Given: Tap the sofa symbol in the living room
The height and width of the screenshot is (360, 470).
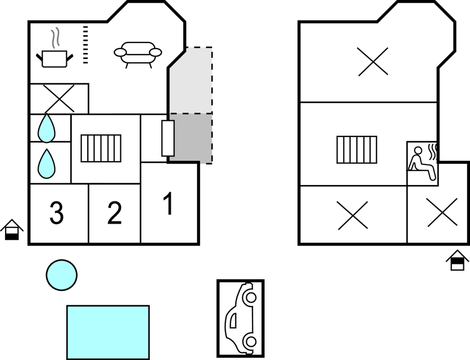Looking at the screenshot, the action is point(138,55).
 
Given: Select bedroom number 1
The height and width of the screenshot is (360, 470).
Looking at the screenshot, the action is point(170,204).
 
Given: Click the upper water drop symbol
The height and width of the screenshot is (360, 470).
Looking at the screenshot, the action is point(46,128).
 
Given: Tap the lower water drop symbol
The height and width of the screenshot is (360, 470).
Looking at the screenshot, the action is point(46,163).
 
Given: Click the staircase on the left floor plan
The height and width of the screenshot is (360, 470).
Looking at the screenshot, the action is point(101,149).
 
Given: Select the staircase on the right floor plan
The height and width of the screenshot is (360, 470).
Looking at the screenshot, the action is point(357,150).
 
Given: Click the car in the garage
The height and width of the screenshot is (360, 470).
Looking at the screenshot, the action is point(240,319).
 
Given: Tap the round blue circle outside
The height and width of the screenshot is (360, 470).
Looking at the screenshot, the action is point(61,275).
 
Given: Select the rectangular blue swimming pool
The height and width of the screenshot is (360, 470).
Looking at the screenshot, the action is point(108,332).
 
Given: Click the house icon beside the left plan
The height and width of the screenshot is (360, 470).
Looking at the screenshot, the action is point(12,230).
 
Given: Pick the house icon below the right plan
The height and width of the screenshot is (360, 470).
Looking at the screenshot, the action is point(457,260).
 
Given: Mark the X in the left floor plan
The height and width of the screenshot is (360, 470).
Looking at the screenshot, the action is point(59,99).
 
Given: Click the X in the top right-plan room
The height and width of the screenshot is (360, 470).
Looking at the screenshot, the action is point(373,62).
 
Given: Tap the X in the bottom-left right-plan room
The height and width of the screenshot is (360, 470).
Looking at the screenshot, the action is point(352,215).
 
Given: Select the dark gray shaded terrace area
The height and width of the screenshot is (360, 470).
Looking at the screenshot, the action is point(191,139).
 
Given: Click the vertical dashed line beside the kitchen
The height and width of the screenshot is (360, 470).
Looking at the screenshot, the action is point(86,45).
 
